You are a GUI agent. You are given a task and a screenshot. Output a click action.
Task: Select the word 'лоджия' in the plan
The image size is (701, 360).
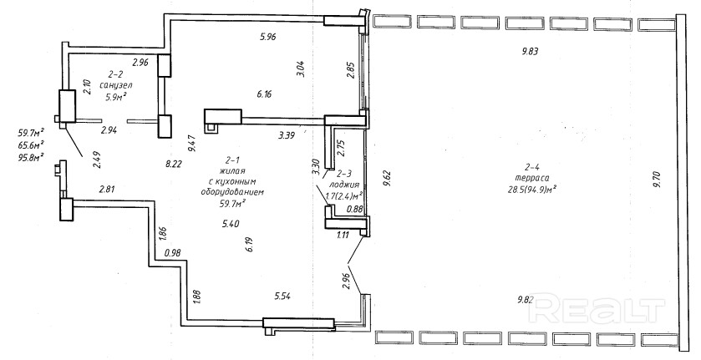(x=344, y=185)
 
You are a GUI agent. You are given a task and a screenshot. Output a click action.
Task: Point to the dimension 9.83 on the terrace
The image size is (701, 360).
(x=529, y=52)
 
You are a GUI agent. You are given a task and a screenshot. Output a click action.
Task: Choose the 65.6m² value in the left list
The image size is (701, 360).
(x=31, y=145)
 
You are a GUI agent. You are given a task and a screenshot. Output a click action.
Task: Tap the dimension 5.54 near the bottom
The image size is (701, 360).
(x=286, y=295)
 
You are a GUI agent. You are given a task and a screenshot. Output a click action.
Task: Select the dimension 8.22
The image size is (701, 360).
(x=175, y=165)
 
